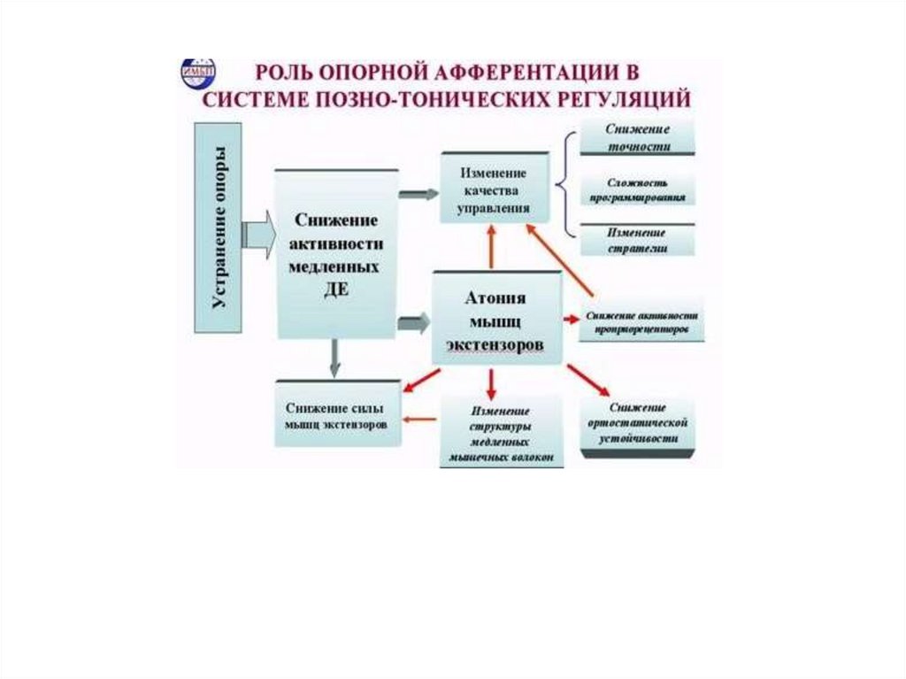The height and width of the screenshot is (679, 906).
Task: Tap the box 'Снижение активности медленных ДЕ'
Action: (x=336, y=254)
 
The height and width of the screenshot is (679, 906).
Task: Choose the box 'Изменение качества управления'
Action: (x=495, y=189)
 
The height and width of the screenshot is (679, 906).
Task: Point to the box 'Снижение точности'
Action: (x=637, y=137)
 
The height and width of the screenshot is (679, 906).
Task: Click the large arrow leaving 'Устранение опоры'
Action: (x=258, y=236)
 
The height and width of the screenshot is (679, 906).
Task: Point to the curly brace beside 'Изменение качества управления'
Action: (x=564, y=186)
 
